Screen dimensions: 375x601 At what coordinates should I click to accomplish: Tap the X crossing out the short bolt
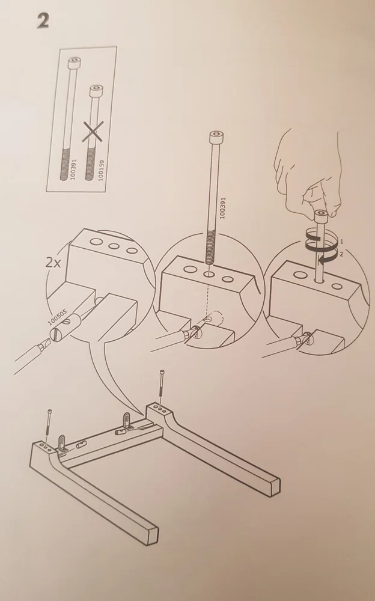pyautogui.click(x=93, y=131)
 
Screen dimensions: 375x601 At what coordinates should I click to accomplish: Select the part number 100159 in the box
pyautogui.click(x=101, y=170)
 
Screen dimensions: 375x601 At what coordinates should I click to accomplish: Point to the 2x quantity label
pyautogui.click(x=53, y=263)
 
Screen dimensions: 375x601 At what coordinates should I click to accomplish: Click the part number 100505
pyautogui.click(x=58, y=317)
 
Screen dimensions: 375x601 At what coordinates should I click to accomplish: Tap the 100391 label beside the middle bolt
pyautogui.click(x=222, y=208)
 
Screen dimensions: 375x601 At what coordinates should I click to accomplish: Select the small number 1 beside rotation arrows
pyautogui.click(x=341, y=242)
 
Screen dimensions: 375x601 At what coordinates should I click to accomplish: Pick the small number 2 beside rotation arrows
pyautogui.click(x=341, y=254)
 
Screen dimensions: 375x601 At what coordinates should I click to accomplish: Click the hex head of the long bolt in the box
pyautogui.click(x=75, y=63)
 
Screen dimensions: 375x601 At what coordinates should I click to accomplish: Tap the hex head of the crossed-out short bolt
pyautogui.click(x=96, y=91)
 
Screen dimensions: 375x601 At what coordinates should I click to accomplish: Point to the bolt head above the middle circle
pyautogui.click(x=216, y=137)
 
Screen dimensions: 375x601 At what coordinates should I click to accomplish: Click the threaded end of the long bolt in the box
pyautogui.click(x=65, y=163)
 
